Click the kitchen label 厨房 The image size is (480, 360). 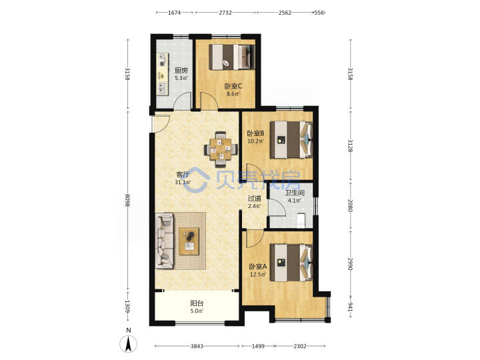(181, 71)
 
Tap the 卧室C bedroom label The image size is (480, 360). (233, 86)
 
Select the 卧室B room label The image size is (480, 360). (255, 133)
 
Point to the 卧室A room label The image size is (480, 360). (258, 267)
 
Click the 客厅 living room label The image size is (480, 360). (183, 175)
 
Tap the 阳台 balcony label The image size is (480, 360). (197, 303)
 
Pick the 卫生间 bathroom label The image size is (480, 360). (295, 193)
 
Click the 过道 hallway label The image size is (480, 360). (255, 199)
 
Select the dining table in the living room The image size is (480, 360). (221, 149)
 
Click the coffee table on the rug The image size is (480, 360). (189, 241)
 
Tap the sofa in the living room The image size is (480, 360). (165, 241)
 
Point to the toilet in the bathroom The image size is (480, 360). (302, 221)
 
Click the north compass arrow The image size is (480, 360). (129, 344)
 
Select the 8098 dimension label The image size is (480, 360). (127, 200)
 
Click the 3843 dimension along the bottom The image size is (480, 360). (197, 346)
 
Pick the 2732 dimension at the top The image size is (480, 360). (225, 13)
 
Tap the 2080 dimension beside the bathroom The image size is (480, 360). (351, 205)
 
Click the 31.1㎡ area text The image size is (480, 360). (183, 183)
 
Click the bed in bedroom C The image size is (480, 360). (232, 57)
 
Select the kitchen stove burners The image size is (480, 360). (162, 60)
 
